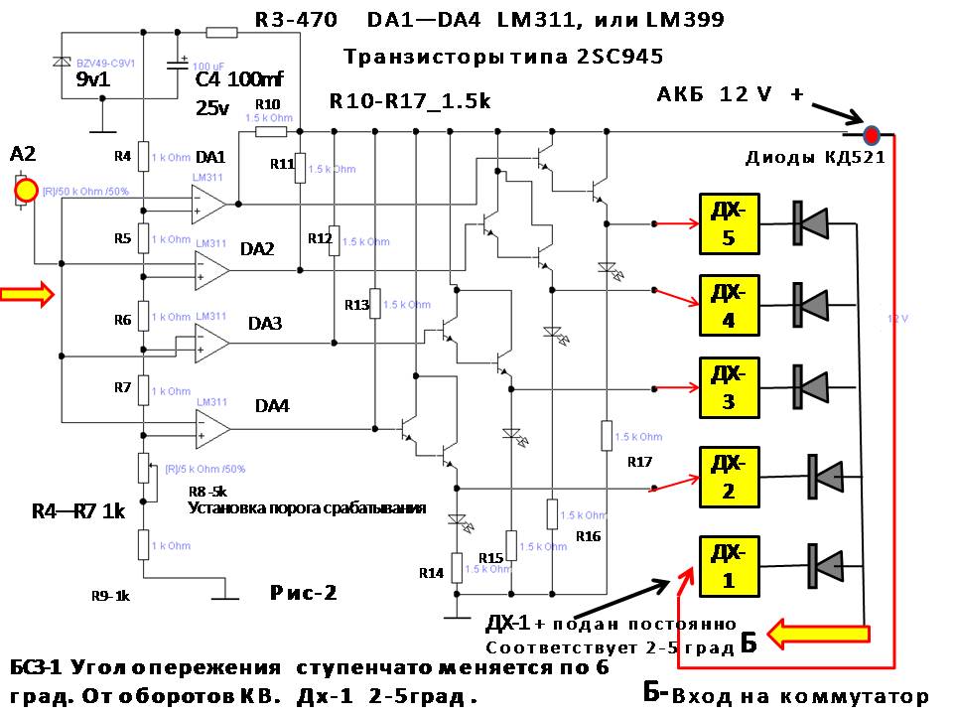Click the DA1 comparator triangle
[208, 205]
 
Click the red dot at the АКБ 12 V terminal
[872, 134]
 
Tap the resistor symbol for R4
[144, 156]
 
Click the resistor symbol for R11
[300, 168]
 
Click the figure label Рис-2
[304, 594]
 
